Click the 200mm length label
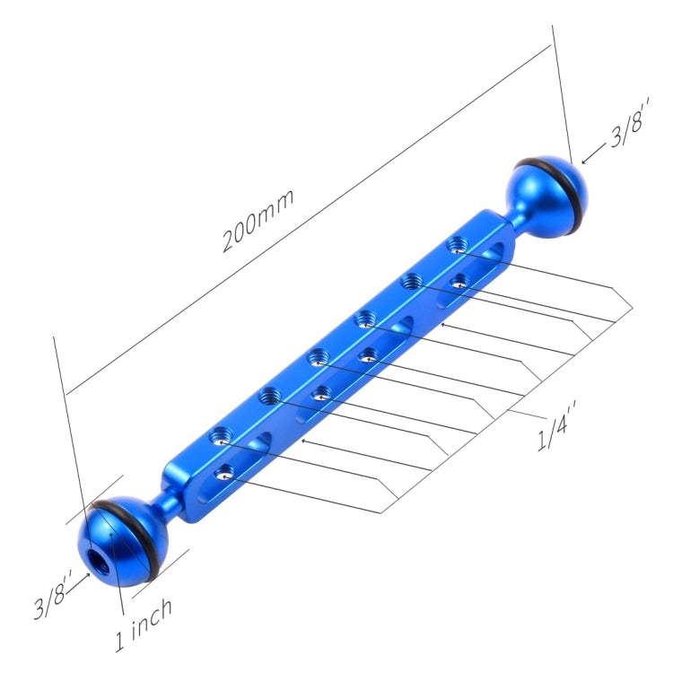point(258,220)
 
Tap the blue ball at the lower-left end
point(122,542)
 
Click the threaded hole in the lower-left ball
point(97,559)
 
